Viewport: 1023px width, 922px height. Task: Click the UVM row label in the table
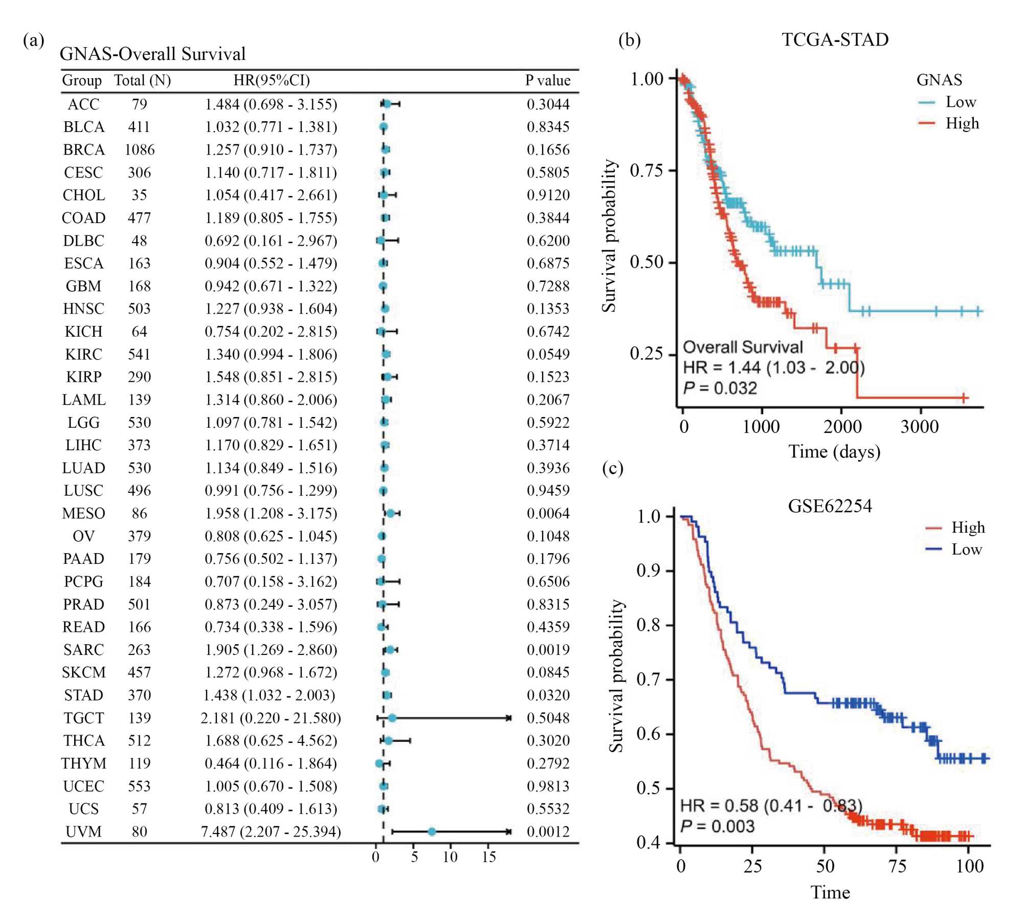83,831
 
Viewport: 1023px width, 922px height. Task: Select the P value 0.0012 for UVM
548,831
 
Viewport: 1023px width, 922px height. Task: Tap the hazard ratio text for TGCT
271,718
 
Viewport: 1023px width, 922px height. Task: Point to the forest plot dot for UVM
432,831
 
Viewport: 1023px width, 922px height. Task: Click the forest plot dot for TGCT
392,718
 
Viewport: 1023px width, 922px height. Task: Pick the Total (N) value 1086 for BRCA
139,149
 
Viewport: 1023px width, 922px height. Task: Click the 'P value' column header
547,80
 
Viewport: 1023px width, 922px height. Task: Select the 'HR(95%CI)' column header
272,80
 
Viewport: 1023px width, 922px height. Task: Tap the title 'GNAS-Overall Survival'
152,54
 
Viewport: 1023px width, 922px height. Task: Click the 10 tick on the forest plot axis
450,857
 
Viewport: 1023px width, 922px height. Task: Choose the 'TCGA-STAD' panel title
835,39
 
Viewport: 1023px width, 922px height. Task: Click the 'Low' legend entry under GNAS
960,102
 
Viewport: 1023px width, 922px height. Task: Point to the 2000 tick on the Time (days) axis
842,426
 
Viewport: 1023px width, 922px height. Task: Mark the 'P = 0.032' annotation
720,388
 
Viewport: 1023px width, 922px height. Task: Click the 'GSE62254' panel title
830,506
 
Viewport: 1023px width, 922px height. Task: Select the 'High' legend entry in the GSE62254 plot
967,527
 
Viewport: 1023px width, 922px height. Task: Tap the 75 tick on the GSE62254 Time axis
897,866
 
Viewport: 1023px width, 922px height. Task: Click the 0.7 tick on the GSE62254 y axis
648,679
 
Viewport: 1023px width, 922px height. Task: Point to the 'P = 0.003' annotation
717,826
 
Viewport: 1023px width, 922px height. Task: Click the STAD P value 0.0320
548,695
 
